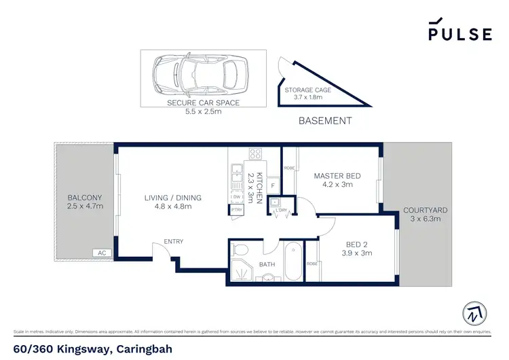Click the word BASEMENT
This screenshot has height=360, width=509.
[326, 121]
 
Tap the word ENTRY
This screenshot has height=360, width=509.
[173, 242]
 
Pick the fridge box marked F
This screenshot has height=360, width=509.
[273, 185]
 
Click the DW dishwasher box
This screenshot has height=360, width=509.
[237, 198]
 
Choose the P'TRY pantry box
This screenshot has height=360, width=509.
[237, 210]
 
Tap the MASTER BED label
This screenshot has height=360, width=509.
[337, 180]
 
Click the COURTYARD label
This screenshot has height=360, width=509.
[425, 215]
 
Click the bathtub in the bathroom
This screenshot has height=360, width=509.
[294, 262]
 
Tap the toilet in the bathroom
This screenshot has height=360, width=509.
[241, 251]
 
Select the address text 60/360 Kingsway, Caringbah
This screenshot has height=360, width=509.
[93, 349]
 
